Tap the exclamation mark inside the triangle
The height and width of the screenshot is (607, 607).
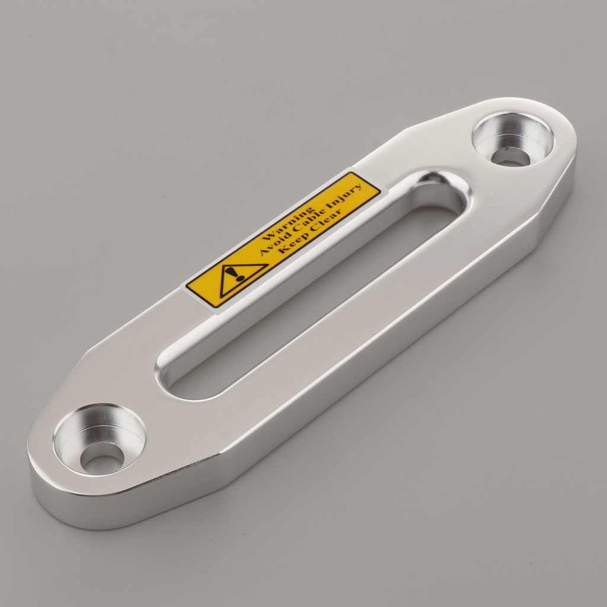(238, 274)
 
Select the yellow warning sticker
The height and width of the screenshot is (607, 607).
(283, 240)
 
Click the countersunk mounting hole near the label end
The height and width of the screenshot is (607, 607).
(512, 140)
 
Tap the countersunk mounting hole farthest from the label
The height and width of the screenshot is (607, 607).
(100, 439)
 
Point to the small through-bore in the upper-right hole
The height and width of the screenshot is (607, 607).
(510, 156)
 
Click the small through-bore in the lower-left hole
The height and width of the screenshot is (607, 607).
(102, 458)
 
